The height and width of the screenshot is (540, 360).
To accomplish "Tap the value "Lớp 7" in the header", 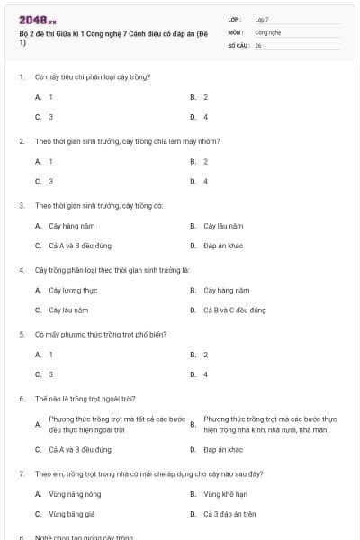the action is (262, 19).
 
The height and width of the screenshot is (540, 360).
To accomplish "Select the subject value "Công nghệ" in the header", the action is (268, 31).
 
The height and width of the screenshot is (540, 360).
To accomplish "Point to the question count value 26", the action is (258, 44).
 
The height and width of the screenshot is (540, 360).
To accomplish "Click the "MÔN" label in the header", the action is (236, 31).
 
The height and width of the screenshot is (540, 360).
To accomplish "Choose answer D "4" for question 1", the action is (205, 117).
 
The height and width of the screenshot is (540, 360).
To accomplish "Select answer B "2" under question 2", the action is (205, 161).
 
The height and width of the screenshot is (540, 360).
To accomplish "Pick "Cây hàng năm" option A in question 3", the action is (67, 225).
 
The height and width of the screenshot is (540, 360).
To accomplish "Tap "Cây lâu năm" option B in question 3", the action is (223, 225).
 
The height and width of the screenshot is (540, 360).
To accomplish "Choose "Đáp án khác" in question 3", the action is (223, 246).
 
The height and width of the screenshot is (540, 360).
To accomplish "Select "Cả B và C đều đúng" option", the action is (234, 310).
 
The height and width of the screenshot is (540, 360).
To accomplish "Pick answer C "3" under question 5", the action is (50, 374).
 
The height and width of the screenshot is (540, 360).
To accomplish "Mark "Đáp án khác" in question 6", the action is (223, 449).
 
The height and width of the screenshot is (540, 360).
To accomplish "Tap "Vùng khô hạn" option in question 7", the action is (223, 493).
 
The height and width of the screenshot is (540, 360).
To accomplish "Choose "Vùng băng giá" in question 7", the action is (69, 514).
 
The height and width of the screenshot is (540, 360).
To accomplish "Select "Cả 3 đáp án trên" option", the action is (229, 514).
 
